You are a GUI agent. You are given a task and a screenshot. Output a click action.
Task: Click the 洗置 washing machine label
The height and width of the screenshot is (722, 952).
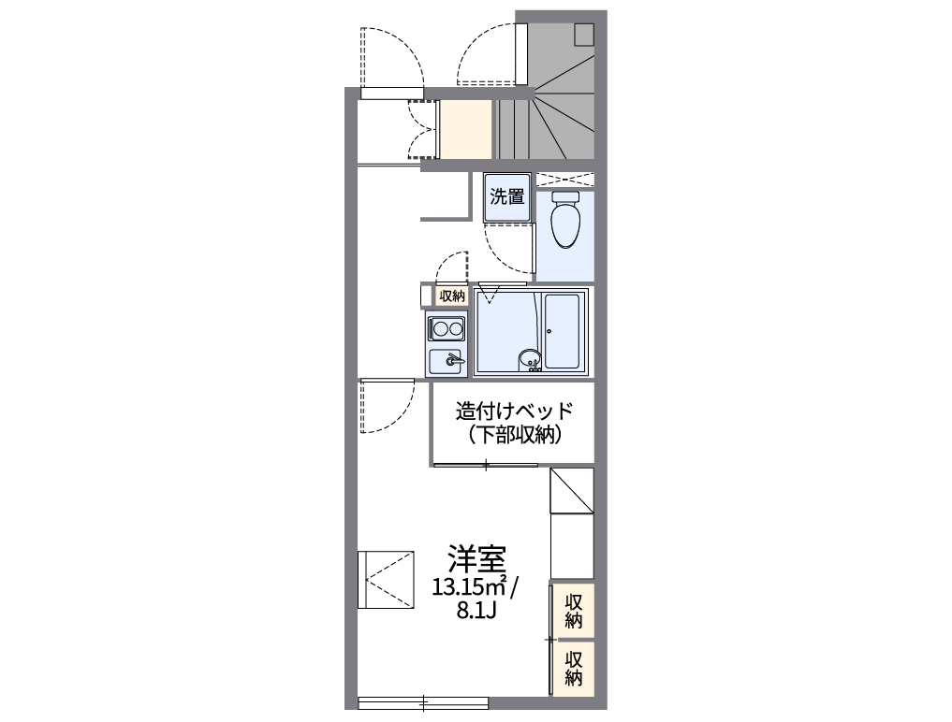(508, 197)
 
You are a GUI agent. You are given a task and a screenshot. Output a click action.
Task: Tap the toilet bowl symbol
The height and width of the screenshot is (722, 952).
(565, 221)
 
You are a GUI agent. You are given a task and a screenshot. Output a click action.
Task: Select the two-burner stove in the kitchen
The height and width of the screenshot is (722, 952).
(447, 328)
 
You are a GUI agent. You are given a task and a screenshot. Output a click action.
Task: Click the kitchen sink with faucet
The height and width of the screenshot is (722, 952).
(447, 361)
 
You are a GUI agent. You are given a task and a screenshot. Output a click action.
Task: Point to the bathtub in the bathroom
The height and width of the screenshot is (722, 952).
(564, 332)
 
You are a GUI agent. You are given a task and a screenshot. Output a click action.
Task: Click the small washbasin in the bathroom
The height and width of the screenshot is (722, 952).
(530, 359)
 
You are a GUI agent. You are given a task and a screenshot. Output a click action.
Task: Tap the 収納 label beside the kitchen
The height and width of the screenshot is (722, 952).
(451, 296)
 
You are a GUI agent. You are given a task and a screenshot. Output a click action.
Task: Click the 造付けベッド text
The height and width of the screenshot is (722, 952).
(513, 412)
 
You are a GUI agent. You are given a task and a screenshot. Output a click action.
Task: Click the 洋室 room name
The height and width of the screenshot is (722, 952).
(476, 558)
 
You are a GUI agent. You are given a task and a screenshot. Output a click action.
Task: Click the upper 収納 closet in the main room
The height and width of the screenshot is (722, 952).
(574, 611)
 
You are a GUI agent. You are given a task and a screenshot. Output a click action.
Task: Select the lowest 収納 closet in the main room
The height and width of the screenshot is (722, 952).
(574, 666)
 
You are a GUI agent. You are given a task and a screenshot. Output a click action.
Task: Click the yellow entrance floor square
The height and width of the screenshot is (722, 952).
(466, 129)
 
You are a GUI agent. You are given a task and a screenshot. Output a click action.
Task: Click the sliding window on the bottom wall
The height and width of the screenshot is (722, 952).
(423, 701)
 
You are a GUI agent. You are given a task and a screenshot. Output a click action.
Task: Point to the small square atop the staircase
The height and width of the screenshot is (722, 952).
(584, 33)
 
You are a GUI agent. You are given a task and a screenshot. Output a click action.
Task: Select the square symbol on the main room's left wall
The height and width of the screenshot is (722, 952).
(386, 579)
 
